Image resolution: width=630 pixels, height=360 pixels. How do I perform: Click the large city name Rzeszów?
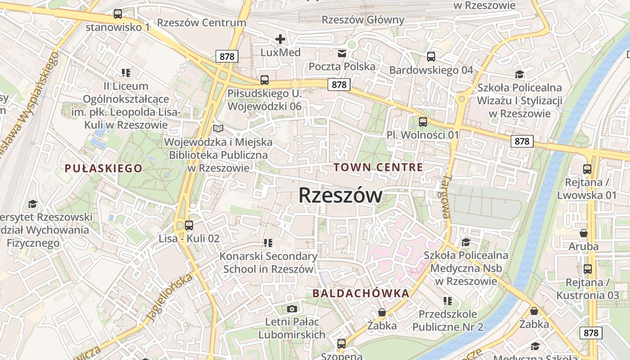tap(340, 195)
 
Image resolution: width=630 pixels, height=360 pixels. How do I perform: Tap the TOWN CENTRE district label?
tap(378, 167)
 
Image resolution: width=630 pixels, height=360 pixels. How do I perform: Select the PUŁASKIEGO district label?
tap(103, 168)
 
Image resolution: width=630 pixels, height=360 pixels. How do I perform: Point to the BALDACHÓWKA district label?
tap(361, 293)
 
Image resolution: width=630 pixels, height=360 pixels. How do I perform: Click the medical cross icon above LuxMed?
tap(280, 39)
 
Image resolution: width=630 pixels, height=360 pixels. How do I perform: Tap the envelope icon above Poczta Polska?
tap(342, 54)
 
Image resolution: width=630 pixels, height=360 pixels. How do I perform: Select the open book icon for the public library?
tap(218, 129)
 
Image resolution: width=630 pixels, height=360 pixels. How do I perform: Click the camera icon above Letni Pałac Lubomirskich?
tap(292, 309)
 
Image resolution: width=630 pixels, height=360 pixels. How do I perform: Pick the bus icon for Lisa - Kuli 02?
tap(189, 225)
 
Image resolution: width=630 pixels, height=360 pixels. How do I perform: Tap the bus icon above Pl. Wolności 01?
tap(423, 121)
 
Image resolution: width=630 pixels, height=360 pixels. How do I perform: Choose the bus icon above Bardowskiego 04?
tap(431, 57)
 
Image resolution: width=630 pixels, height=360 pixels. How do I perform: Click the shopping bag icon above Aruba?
tap(584, 233)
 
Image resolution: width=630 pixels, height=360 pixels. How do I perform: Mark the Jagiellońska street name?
tap(170, 297)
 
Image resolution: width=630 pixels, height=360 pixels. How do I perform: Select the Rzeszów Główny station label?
tap(363, 20)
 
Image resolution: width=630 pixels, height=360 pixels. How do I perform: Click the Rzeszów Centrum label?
tap(202, 22)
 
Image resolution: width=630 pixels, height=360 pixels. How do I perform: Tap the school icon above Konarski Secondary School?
tap(268, 243)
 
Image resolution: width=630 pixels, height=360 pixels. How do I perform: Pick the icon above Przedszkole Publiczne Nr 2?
tap(447, 301)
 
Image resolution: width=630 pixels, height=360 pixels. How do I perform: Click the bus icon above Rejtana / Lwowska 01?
tap(587, 169)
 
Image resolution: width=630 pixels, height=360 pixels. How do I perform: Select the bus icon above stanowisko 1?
tap(118, 14)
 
